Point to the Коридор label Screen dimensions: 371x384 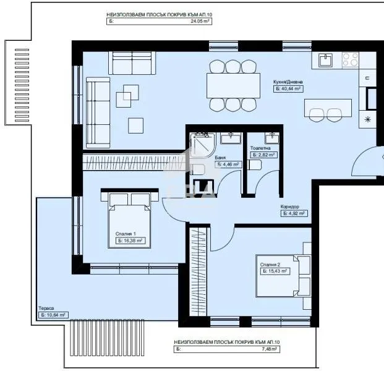point(290,207)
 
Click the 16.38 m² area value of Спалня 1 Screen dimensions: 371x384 point(130,241)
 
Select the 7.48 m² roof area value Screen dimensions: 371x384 point(267,349)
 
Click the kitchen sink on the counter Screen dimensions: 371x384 point(326,60)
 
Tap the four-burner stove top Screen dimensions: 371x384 point(350,59)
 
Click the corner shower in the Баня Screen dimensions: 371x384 point(201,144)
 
